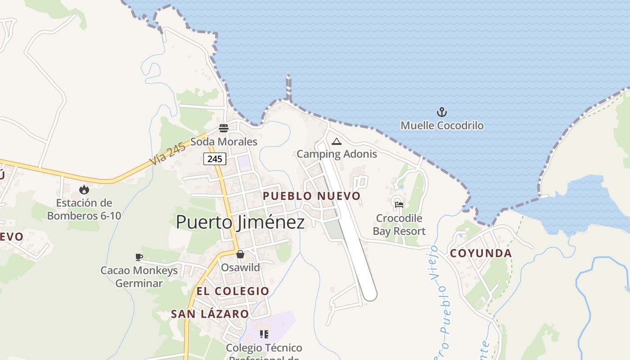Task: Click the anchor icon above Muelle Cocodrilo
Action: (442, 112)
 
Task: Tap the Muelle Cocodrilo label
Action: (442, 125)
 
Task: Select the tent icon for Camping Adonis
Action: (336, 142)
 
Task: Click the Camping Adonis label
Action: (337, 154)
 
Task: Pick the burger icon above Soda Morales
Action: (224, 128)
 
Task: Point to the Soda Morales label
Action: (224, 142)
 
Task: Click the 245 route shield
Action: (215, 159)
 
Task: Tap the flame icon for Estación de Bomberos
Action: (84, 190)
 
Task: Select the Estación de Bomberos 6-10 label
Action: (84, 209)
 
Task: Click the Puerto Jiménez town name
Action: (240, 222)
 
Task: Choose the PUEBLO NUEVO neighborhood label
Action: (311, 196)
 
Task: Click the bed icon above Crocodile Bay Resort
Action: (399, 205)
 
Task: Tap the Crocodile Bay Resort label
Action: (399, 225)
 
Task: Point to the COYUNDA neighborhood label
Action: (481, 253)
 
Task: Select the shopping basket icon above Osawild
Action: (240, 255)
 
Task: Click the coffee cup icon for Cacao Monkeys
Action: (139, 257)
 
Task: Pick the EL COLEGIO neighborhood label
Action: (233, 291)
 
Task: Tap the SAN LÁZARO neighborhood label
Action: (210, 314)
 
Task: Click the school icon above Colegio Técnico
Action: (264, 334)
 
